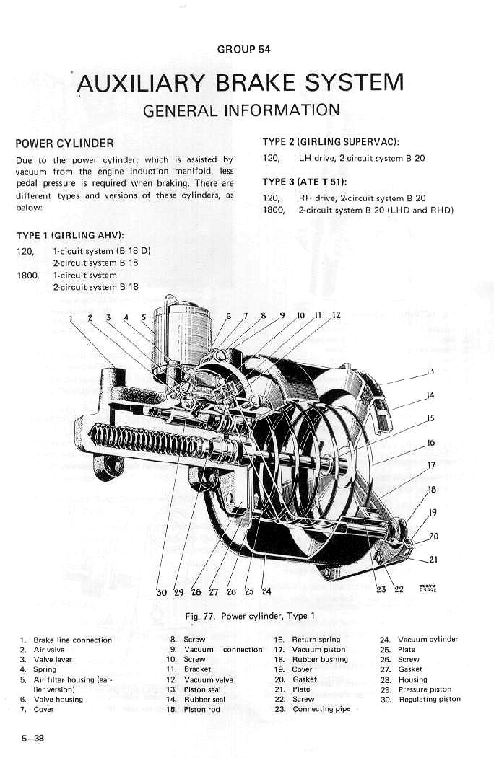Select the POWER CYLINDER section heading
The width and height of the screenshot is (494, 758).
tap(64, 143)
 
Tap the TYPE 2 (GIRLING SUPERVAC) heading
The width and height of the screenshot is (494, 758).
tap(331, 142)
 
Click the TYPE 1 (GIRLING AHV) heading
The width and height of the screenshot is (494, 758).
tap(70, 235)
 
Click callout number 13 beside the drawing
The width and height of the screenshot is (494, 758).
tap(430, 372)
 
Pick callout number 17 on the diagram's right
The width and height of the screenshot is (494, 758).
tap(432, 465)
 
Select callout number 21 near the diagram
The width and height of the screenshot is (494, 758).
tap(433, 558)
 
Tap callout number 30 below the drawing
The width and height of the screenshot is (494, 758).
tap(162, 593)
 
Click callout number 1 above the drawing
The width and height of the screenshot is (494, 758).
tap(71, 318)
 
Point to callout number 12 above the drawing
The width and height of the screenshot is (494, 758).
tap(336, 315)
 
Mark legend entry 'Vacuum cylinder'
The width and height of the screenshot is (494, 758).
tap(428, 640)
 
